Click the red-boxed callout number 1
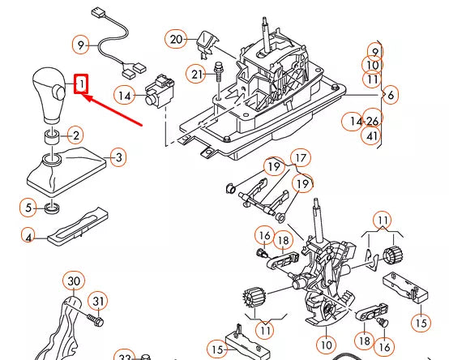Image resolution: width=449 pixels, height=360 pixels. click(x=81, y=84)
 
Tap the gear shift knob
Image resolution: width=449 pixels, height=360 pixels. click(x=49, y=96)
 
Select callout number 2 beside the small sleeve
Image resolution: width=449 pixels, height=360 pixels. click(x=75, y=135)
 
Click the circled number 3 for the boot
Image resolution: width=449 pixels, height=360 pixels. click(x=118, y=157)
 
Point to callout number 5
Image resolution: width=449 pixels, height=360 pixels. click(x=28, y=208)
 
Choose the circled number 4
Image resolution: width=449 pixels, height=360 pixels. click(x=28, y=238)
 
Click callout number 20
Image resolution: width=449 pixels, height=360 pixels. click(x=176, y=39)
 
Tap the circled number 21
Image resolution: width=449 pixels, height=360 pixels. click(x=196, y=75)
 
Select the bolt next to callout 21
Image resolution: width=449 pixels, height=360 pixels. click(x=219, y=71)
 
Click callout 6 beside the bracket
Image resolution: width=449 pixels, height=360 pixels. click(x=391, y=95)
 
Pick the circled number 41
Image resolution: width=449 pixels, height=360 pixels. click(x=372, y=135)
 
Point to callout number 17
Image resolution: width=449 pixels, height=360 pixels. click(x=301, y=158)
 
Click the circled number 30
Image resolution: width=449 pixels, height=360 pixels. click(x=74, y=281)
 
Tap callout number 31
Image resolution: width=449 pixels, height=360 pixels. click(x=98, y=301)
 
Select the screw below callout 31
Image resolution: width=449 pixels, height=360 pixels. click(x=96, y=320)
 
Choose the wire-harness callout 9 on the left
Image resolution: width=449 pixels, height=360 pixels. click(x=81, y=45)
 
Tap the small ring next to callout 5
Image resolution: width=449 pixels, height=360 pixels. click(x=53, y=208)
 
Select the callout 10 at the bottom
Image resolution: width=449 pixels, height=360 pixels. click(x=327, y=345)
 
